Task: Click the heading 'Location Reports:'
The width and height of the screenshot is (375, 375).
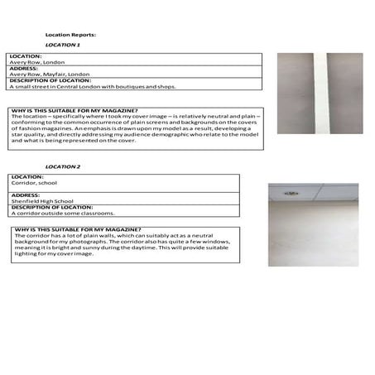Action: point(70,35)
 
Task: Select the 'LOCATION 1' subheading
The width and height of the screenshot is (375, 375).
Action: point(63,45)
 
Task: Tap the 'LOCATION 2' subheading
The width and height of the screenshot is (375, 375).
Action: point(63,167)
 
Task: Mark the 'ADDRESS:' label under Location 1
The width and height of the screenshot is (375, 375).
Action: point(25,68)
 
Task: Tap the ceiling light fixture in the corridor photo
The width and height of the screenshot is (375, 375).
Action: point(291,193)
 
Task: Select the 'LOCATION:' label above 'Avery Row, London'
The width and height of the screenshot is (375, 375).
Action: point(25,56)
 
